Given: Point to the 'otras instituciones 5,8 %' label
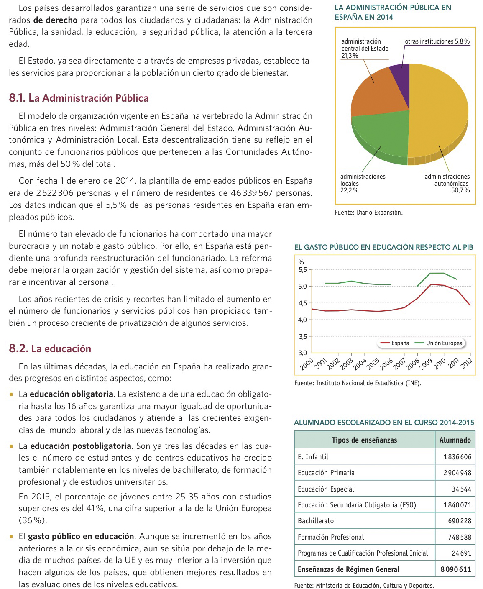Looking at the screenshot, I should pos(437,41).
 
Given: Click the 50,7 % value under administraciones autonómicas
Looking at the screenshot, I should pos(460,190).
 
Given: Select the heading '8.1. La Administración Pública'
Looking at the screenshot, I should pos(79,98).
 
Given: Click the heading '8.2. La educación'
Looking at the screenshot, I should pos(50,349).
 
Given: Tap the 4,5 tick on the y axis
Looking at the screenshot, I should pos(302,303).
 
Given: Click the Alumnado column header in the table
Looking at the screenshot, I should pos(455,440).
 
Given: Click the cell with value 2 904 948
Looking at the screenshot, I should pos(457,473).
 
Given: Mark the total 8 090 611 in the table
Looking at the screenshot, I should pos(455,569).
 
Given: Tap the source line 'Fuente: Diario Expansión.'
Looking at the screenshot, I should pos(368,213).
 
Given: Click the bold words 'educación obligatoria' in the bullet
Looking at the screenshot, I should pos(71,394).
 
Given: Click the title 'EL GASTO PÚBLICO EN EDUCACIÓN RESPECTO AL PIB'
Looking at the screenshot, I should pos(383,247).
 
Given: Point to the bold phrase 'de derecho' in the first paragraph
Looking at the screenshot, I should pos(55,20).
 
